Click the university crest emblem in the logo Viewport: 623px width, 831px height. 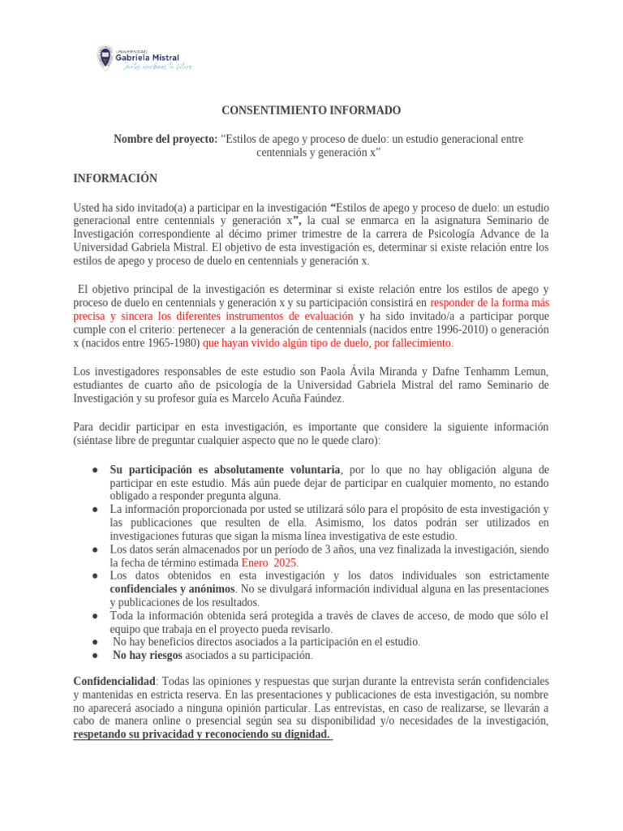tap(105, 57)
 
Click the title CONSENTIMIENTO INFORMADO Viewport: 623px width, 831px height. tap(311, 110)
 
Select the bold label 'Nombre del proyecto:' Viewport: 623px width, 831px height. tap(165, 139)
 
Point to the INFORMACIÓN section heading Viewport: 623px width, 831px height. tap(115, 179)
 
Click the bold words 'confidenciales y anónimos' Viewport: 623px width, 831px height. tap(172, 588)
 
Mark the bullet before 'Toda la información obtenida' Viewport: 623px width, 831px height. tap(95, 616)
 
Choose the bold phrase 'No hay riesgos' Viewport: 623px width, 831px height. tap(146, 655)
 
